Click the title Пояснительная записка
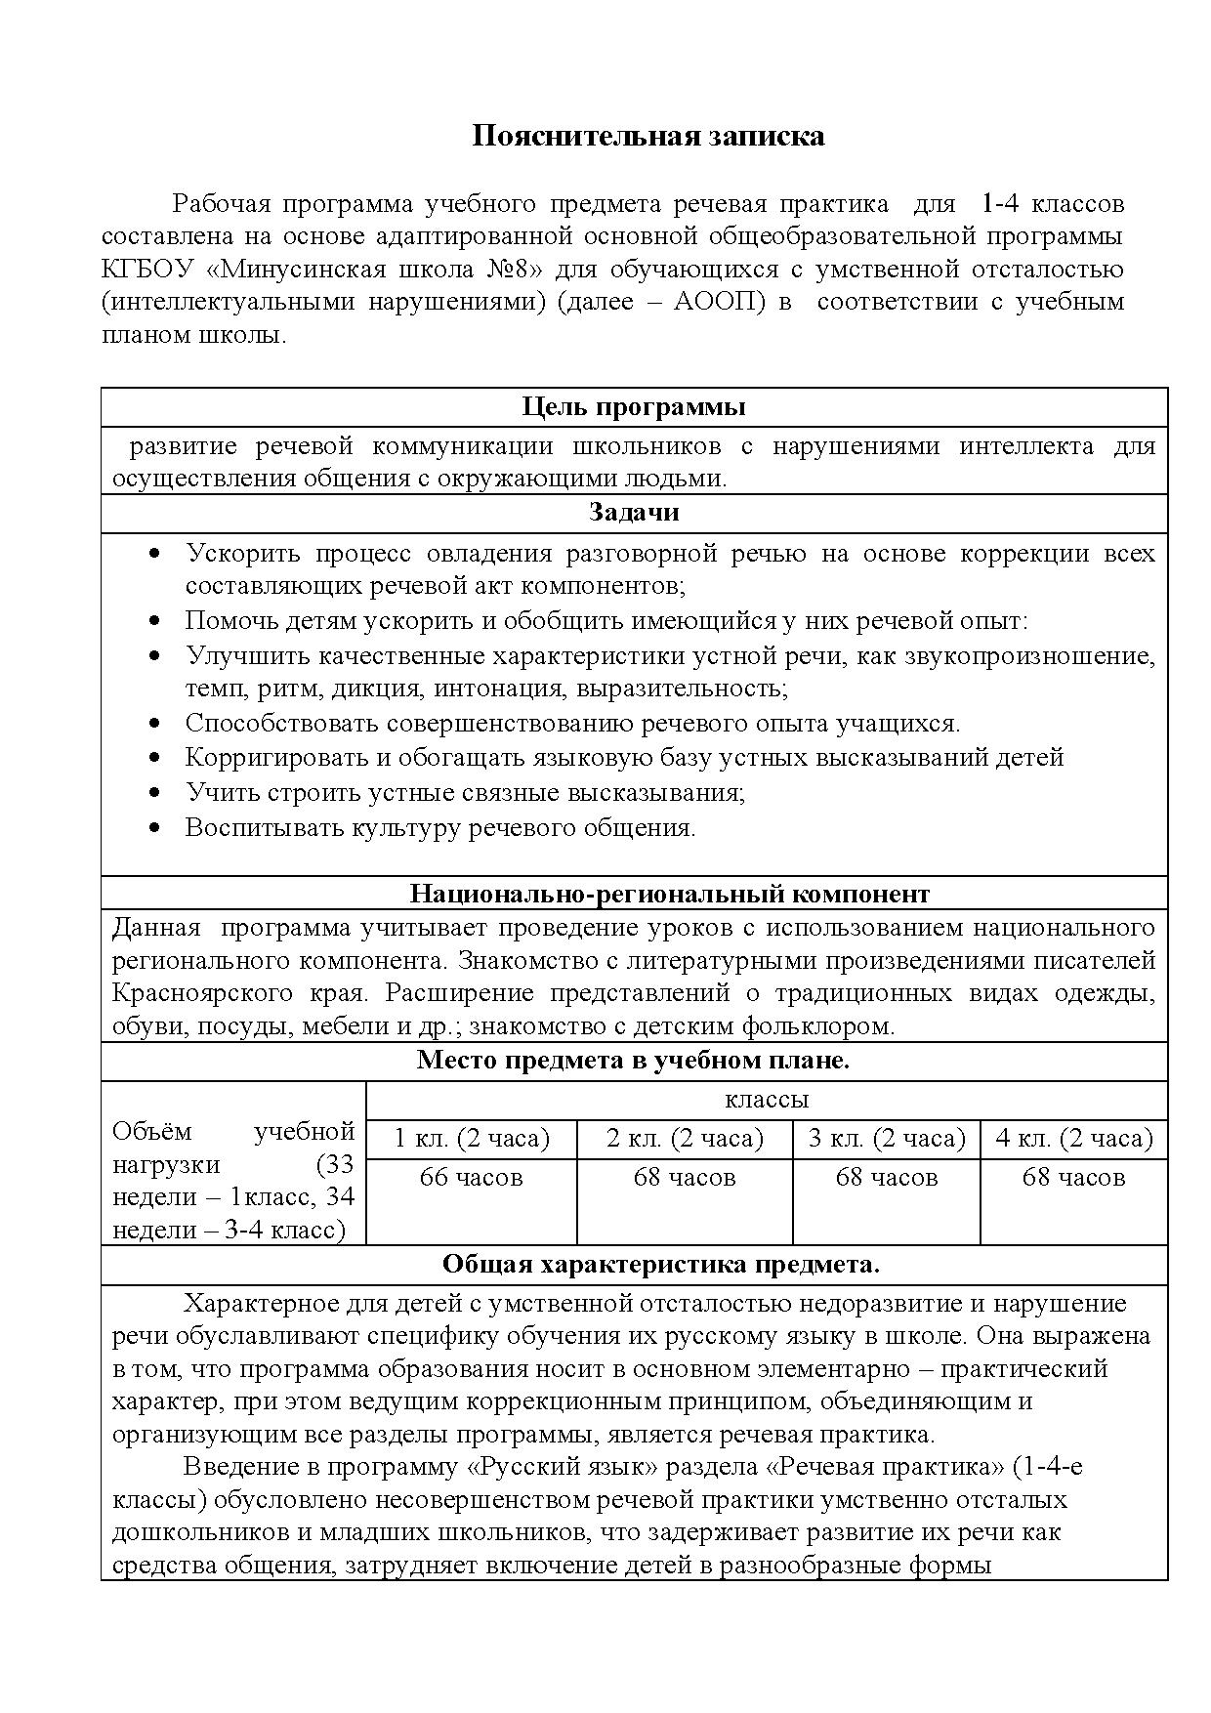648,136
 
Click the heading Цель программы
634,407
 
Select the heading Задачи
634,513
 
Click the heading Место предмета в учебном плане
633,1061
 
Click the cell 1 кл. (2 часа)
471,1139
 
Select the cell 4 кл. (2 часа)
1073,1139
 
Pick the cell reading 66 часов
471,1178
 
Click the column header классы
767,1100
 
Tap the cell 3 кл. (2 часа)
886,1139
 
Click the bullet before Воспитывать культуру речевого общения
154,828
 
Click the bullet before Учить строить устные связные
154,792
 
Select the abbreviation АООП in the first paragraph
717,302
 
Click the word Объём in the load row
152,1133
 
